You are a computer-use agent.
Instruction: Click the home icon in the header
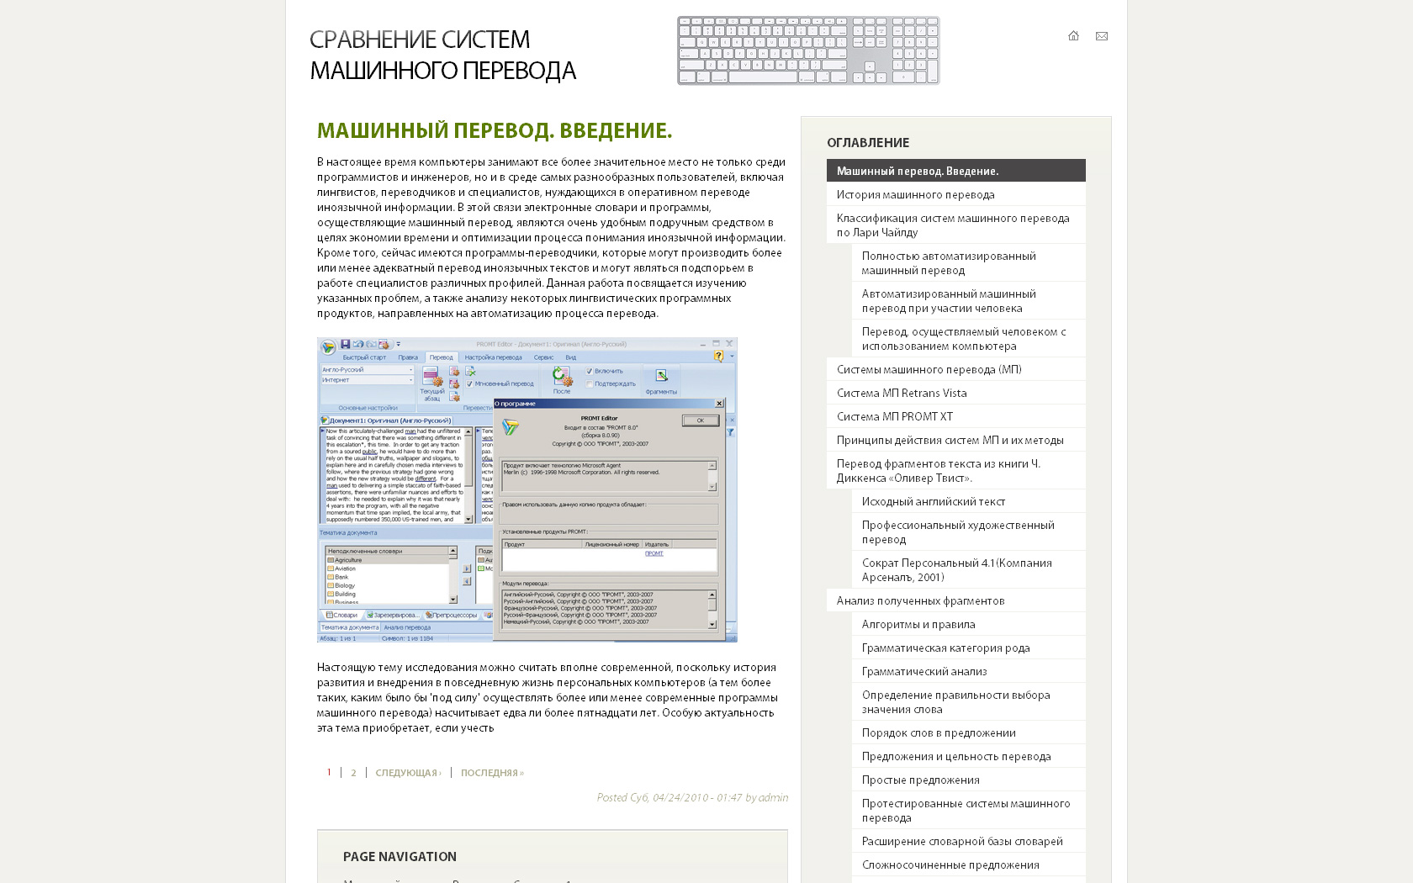(1073, 36)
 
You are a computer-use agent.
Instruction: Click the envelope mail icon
(1102, 36)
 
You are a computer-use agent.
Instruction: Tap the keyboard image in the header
(808, 50)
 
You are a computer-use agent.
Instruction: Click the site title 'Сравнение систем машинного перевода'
(442, 55)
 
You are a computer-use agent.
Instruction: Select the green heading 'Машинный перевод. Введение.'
(495, 131)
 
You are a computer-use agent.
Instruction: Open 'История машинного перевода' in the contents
(915, 194)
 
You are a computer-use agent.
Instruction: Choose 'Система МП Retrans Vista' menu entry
(902, 393)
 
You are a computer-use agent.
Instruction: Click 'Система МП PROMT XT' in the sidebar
(895, 416)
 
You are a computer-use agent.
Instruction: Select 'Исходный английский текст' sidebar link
(934, 501)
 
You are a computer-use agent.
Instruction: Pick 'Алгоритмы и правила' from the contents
(918, 624)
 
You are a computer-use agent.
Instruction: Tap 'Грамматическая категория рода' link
(945, 648)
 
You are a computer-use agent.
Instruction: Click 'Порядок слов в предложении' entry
(939, 732)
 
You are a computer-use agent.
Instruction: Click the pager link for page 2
(353, 773)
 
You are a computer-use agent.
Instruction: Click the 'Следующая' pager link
(408, 773)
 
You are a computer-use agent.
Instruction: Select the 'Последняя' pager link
(492, 773)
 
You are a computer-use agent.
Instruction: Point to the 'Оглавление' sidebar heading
(868, 143)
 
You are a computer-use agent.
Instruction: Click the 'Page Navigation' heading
(400, 857)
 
